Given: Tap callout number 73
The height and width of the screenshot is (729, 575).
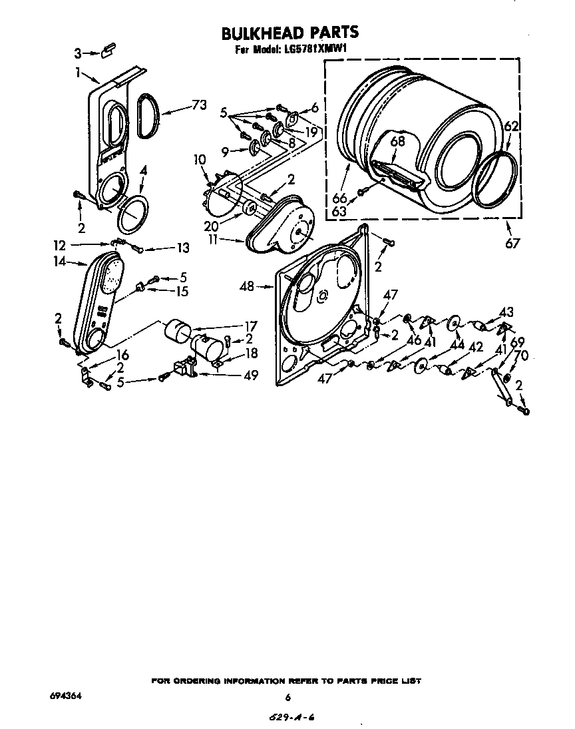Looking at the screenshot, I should pos(198,105).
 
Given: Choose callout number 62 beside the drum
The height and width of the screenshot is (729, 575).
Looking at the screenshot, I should pos(510,126).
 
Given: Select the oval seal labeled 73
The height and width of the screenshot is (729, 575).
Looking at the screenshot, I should pos(147,117).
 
